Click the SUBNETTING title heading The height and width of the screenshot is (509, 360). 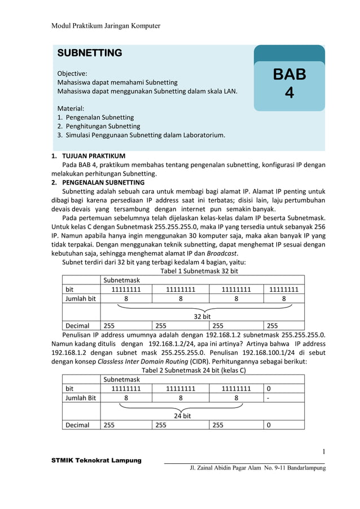[90, 53]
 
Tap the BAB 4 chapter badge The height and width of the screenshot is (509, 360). [289, 83]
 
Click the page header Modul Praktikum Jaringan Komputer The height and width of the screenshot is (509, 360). [106, 26]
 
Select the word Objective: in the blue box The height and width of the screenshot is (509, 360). [72, 73]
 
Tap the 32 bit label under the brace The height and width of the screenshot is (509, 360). [202, 317]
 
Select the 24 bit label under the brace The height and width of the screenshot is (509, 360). [182, 416]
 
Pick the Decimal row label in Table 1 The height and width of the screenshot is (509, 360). [77, 326]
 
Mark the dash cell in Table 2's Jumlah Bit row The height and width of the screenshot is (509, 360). [269, 398]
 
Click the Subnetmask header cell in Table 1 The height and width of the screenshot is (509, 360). [121, 280]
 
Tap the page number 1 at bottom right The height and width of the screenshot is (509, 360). [324, 451]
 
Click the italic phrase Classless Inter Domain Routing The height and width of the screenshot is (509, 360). [144, 362]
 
